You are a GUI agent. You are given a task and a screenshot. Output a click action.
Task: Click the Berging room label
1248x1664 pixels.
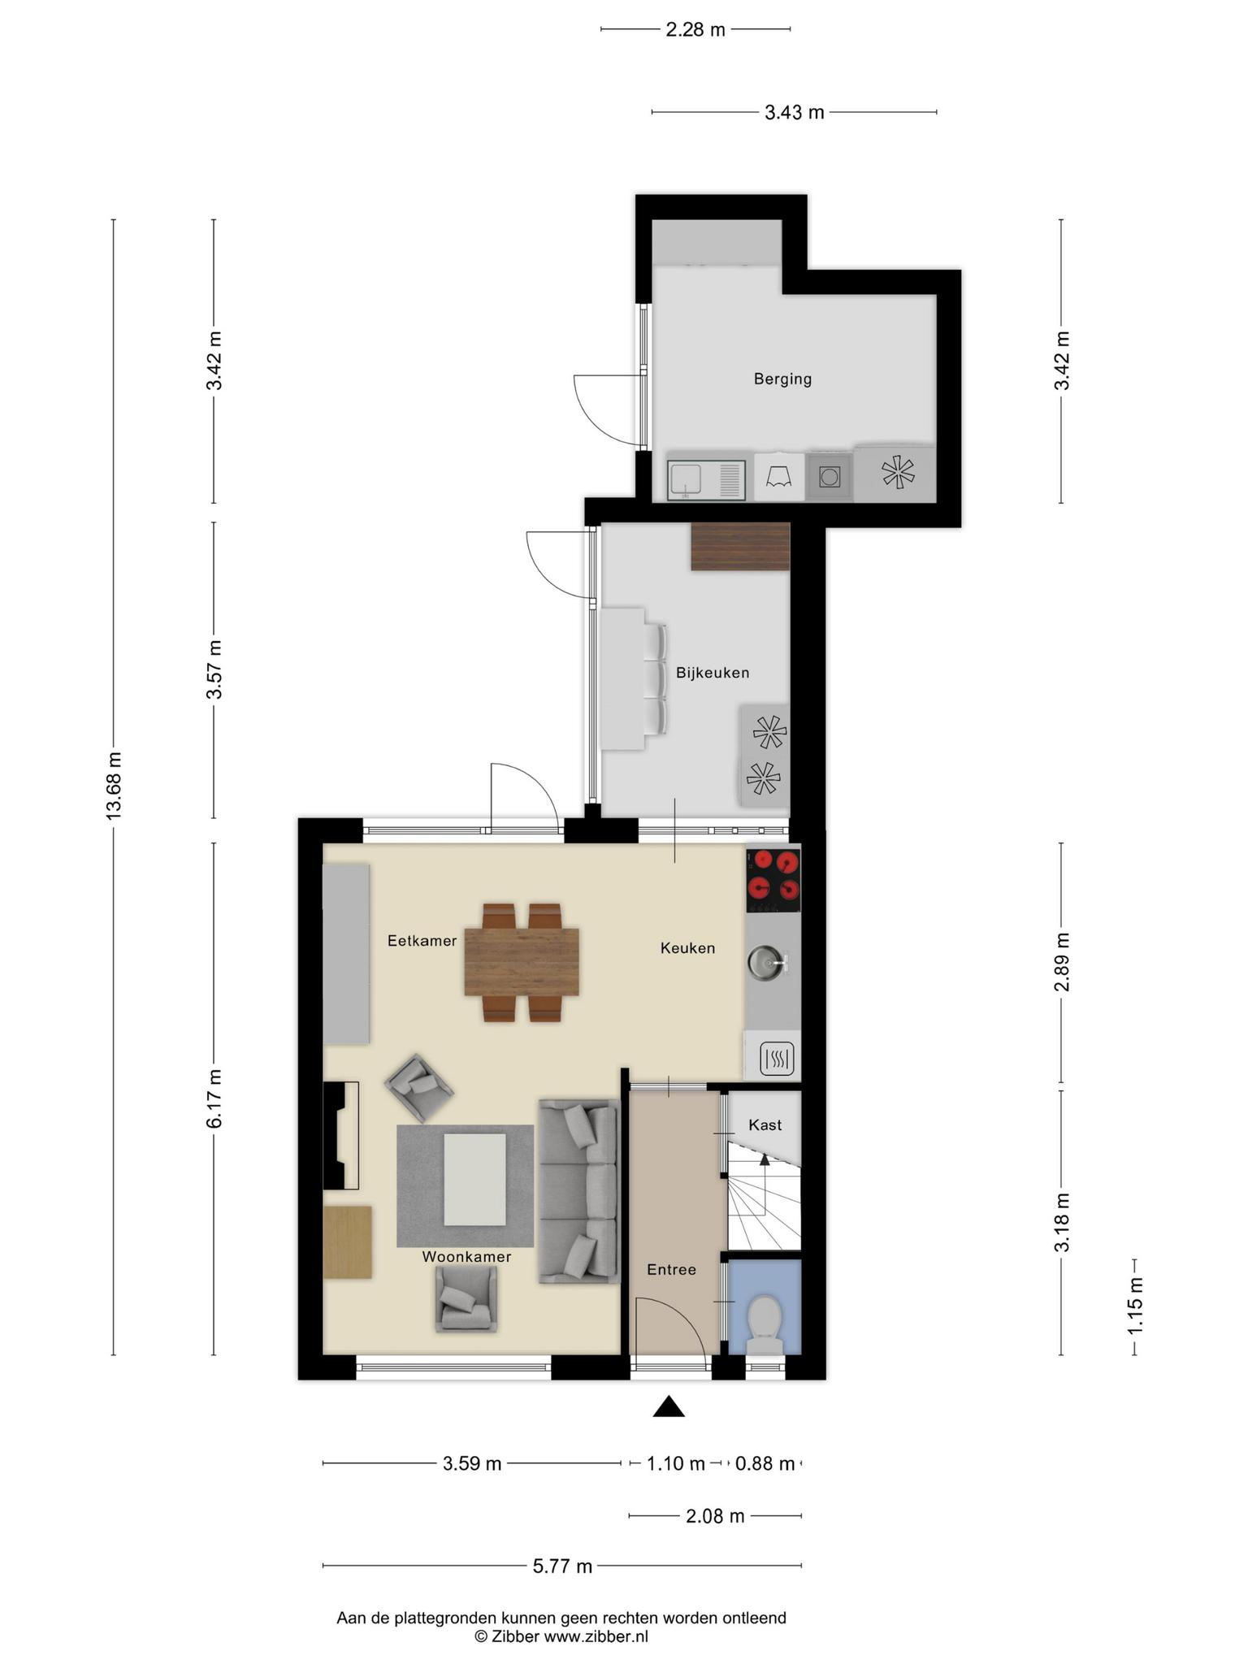coord(782,379)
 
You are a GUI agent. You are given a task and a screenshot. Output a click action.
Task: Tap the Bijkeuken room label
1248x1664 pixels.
coord(713,673)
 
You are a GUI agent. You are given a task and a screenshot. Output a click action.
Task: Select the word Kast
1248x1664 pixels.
coord(765,1124)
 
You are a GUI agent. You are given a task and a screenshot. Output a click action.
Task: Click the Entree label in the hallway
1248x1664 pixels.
coord(671,1269)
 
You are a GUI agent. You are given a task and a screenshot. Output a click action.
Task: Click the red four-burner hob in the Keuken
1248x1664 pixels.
coord(773,878)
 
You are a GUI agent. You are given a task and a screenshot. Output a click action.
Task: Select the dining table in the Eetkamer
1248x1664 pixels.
coord(522,962)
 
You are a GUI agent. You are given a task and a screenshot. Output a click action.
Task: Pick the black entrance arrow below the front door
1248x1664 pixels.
coord(669,1406)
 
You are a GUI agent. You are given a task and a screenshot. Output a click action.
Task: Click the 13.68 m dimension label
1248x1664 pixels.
coord(115,786)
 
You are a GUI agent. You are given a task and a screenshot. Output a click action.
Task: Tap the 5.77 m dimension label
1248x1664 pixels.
coord(562,1566)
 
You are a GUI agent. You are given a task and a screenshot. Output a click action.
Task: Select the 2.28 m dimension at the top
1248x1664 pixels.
coord(695,30)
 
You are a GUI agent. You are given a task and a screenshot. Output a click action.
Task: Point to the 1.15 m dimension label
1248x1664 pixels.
coord(1135,1305)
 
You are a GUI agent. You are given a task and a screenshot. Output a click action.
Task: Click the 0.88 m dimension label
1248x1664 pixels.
coord(765,1464)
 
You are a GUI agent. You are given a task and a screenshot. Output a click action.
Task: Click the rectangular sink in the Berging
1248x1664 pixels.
coord(706,480)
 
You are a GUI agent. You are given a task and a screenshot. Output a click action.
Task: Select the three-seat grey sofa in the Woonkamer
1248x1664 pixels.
coord(578,1191)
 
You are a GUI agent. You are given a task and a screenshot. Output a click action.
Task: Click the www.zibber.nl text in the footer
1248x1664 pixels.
coord(596,1636)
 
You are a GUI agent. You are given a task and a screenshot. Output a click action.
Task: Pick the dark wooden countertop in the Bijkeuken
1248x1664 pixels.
coord(740,547)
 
